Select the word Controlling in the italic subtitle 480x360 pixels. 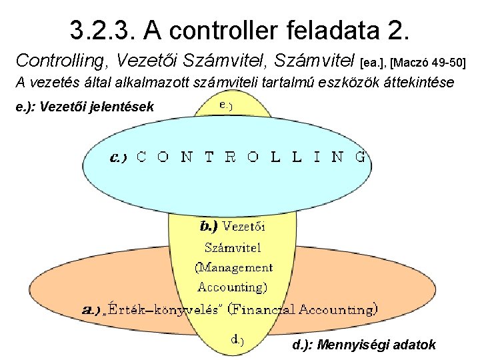[x=62, y=61]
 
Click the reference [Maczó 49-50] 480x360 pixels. [x=427, y=63]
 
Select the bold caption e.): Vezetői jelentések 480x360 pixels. [x=87, y=106]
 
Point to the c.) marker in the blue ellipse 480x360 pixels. [x=118, y=157]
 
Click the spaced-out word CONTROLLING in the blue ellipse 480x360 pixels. [x=251, y=157]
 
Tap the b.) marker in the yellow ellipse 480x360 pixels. [x=209, y=225]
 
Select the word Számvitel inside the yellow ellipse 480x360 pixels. [x=232, y=247]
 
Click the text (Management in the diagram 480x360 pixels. [x=233, y=267]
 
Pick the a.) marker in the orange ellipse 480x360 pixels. [x=90, y=309]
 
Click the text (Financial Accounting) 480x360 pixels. [x=303, y=309]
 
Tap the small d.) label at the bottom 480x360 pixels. [x=237, y=340]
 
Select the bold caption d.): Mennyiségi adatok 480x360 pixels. [x=365, y=345]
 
